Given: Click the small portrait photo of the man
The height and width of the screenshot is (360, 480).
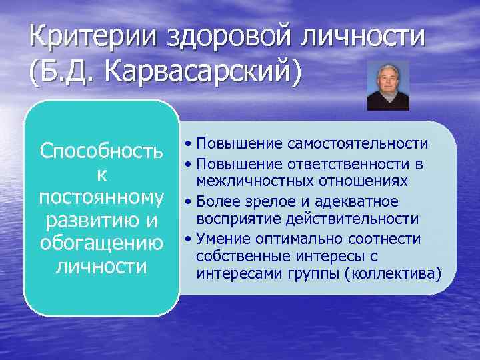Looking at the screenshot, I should (x=388, y=85).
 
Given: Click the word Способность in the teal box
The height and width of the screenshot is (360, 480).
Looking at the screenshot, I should (x=102, y=151).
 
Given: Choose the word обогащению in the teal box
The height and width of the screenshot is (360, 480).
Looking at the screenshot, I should (x=102, y=243).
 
